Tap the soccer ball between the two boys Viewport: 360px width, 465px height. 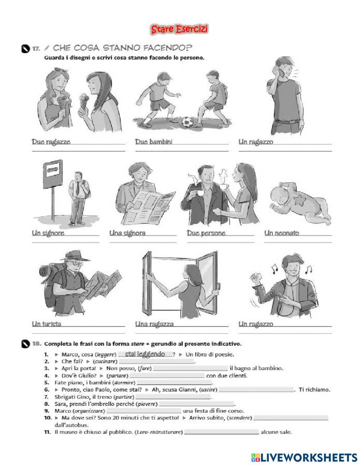click(187, 122)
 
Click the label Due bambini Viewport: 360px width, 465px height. click(154, 142)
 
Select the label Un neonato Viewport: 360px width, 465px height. click(282, 233)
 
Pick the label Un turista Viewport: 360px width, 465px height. click(46, 324)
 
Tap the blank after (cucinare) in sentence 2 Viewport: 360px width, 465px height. click(156, 362)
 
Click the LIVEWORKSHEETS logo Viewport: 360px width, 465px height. click(304, 457)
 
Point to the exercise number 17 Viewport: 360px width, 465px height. click(36, 48)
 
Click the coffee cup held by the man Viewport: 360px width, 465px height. click(197, 193)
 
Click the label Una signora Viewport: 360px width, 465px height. click(127, 233)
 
